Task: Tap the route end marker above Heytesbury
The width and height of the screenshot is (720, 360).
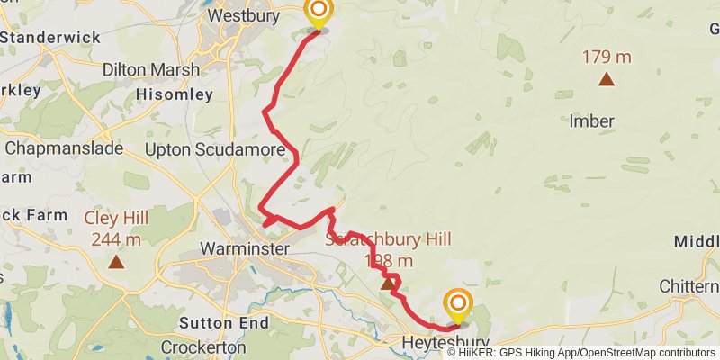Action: coord(458,304)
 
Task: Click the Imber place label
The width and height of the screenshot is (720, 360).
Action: coord(591,121)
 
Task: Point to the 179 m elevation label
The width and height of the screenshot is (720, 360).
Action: coord(607,58)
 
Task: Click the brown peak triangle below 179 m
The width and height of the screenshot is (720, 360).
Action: coord(607,79)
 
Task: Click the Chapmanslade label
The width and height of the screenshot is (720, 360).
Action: coord(63,148)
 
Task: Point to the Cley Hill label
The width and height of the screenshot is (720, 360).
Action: coord(116,218)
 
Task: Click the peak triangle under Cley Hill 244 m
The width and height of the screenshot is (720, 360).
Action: coord(116,262)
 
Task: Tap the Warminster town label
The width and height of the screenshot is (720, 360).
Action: coord(244,248)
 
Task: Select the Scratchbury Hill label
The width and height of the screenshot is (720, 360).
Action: coord(388,239)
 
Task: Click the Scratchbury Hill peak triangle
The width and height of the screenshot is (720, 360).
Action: coord(388,283)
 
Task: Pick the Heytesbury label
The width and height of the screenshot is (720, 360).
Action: coord(445,343)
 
